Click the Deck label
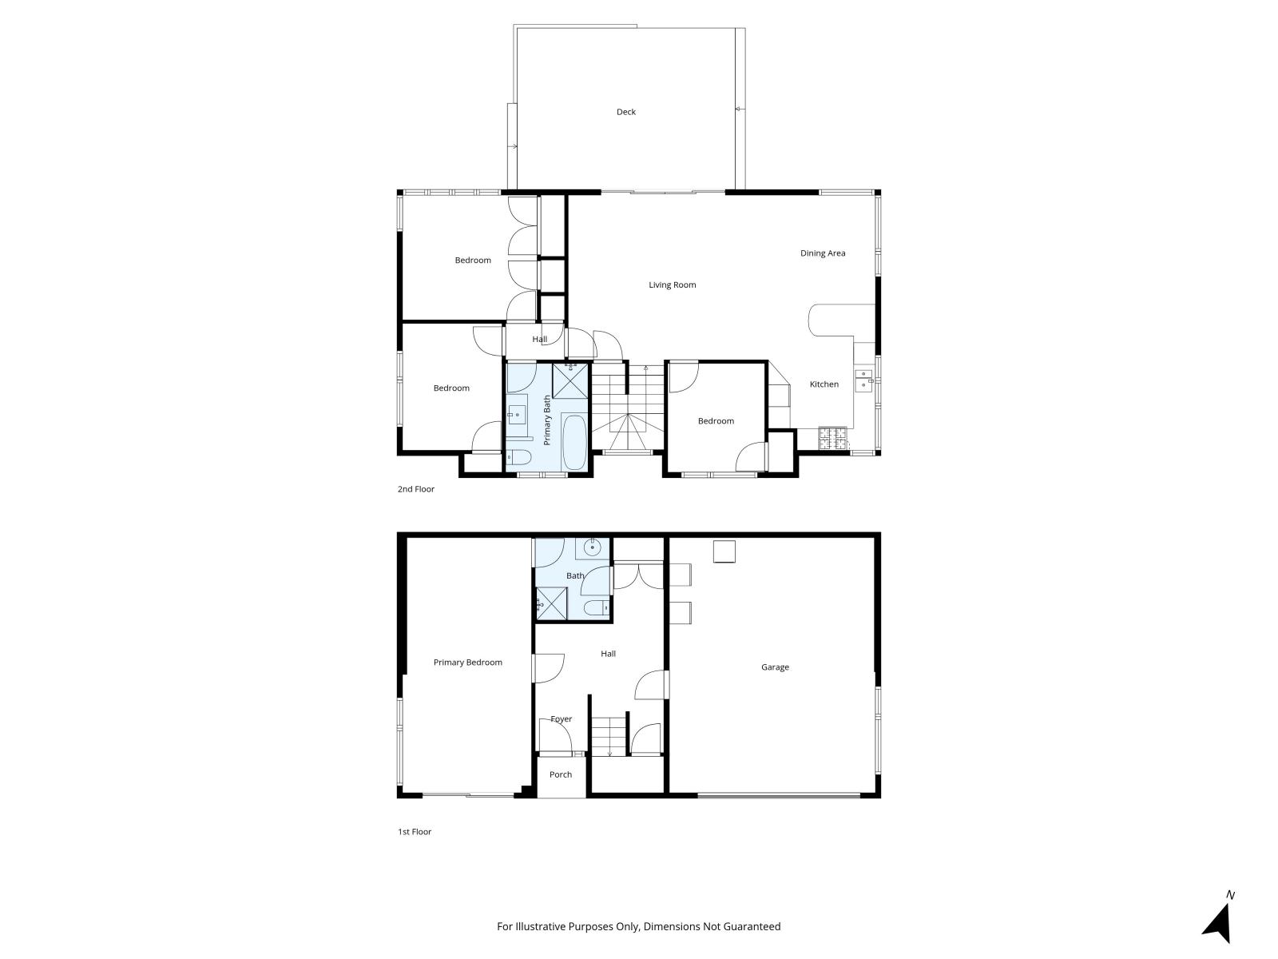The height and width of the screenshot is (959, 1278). (x=626, y=112)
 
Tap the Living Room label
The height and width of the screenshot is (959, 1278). (x=672, y=285)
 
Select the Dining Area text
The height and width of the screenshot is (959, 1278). (x=822, y=253)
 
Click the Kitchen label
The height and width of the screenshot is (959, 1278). (x=824, y=384)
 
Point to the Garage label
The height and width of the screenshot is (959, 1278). (x=775, y=667)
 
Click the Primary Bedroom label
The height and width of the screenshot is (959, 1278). (x=467, y=663)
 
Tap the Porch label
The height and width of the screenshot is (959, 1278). (x=561, y=774)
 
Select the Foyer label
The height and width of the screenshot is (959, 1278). (x=562, y=719)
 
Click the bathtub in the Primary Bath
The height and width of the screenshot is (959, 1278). (x=574, y=443)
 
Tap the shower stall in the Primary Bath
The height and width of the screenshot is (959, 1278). (x=570, y=380)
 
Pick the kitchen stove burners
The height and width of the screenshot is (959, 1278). (x=832, y=439)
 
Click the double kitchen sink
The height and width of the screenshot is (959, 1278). (x=863, y=380)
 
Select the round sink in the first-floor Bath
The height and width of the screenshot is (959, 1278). (x=592, y=547)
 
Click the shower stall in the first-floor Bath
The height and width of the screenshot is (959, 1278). (x=551, y=604)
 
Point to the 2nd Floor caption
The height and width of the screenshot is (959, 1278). (x=415, y=489)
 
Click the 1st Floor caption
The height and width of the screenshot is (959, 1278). (x=415, y=831)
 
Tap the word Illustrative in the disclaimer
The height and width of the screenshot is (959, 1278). (x=541, y=926)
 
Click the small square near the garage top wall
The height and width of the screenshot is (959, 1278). (x=724, y=551)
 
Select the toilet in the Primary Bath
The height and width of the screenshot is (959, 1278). (x=518, y=457)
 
